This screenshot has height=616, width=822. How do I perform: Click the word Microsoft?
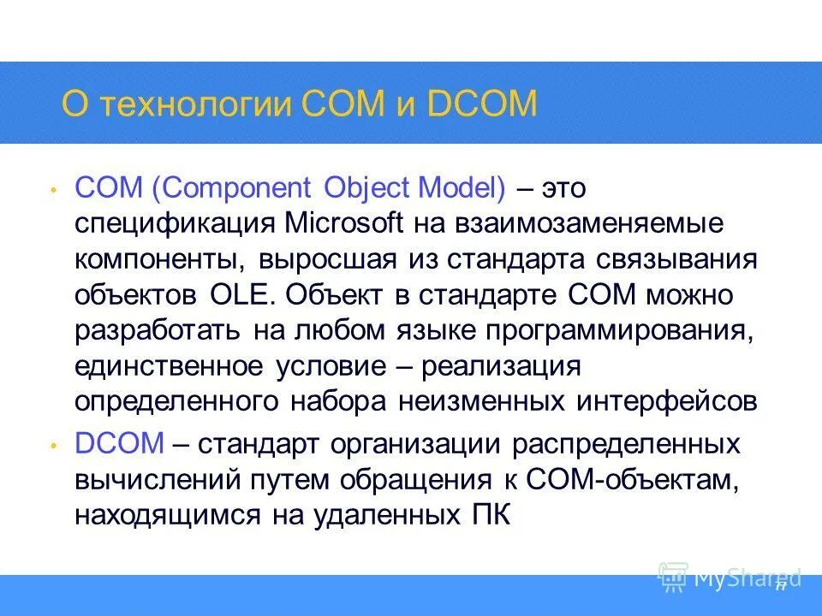(x=343, y=223)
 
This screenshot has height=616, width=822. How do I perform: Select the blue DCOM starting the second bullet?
(x=118, y=444)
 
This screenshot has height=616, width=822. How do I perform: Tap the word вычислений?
(x=157, y=480)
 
